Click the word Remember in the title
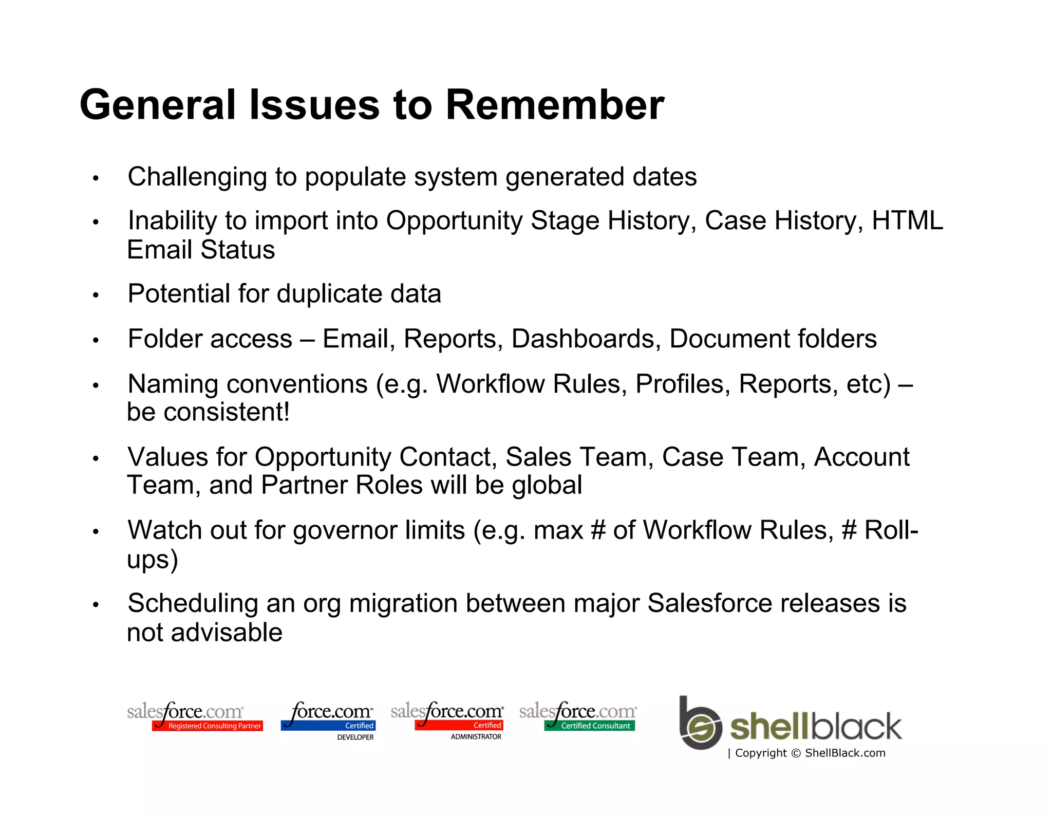(x=555, y=105)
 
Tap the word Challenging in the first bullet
(x=197, y=178)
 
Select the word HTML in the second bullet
(x=907, y=221)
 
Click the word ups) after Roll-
(x=153, y=559)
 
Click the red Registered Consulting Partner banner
(x=208, y=726)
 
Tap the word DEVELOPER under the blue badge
(x=355, y=737)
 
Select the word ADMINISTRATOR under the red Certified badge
(x=476, y=737)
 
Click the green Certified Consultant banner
(x=590, y=726)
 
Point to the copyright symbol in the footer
(x=796, y=753)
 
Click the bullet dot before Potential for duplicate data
(x=96, y=295)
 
